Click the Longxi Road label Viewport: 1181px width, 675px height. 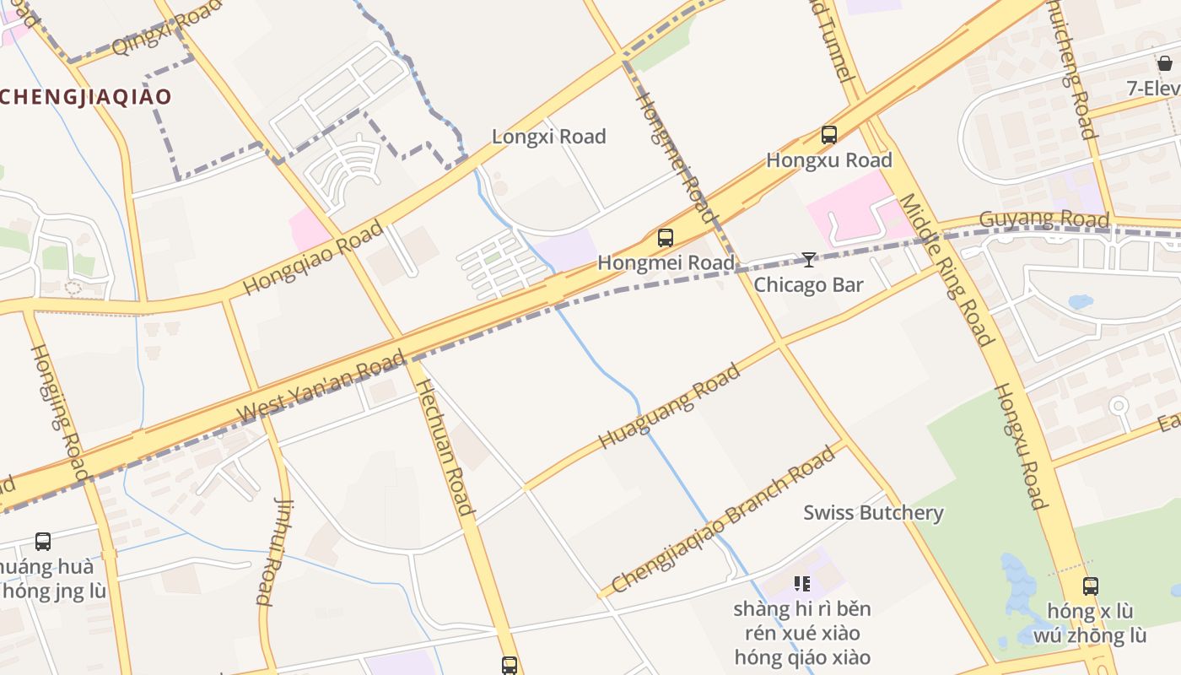(548, 137)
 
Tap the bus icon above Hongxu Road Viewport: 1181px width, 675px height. (829, 135)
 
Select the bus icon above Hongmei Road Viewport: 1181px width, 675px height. (666, 238)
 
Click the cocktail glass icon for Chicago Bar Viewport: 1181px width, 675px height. (808, 260)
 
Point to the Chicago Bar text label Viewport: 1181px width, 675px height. (808, 284)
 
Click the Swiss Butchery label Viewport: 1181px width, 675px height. (873, 512)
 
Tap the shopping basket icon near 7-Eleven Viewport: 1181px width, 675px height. (1165, 63)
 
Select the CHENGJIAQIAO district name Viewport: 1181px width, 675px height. (85, 96)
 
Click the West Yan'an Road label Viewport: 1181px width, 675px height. (322, 388)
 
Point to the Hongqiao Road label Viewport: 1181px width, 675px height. (313, 258)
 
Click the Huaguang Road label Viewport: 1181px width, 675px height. (669, 406)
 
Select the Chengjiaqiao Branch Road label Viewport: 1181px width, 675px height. (723, 520)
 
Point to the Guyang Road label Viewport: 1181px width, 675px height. (1043, 219)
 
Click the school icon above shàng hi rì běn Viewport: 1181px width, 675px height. (801, 583)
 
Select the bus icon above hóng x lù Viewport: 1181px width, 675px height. (1091, 586)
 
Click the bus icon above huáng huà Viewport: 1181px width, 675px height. (43, 542)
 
